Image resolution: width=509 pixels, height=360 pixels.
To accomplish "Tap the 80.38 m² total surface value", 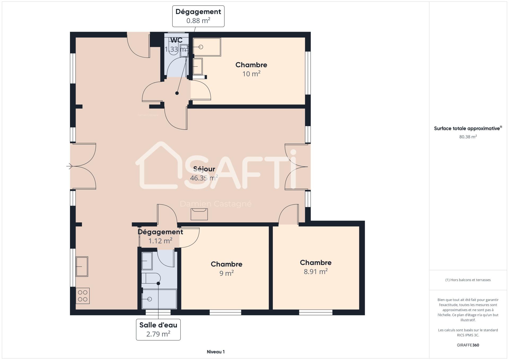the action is pos(468,137).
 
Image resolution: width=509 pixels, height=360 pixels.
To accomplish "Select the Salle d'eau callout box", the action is pos(158,330).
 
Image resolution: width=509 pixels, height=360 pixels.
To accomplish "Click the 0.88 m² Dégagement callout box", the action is pos(198,16).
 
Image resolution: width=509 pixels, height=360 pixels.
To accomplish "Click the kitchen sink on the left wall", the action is pos(82,266).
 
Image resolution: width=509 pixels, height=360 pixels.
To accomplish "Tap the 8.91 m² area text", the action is pos(315,272).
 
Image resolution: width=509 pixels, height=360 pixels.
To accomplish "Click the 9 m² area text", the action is pos(226,273).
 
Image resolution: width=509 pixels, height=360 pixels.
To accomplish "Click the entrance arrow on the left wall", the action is pos(69,166).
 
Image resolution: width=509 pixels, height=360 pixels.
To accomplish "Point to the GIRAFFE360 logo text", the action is pos(468,345).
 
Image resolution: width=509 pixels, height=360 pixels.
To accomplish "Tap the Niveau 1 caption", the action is pos(216,352).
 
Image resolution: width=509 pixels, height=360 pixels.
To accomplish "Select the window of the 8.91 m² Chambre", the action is pos(315,313).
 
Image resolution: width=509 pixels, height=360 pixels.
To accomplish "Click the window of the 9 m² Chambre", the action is pos(225,313).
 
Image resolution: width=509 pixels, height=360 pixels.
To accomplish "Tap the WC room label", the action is pos(177,40).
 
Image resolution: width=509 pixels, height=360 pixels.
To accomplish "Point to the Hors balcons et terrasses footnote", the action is pos(468,280).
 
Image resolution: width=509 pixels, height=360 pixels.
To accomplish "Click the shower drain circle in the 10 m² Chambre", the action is pos(201,47).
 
